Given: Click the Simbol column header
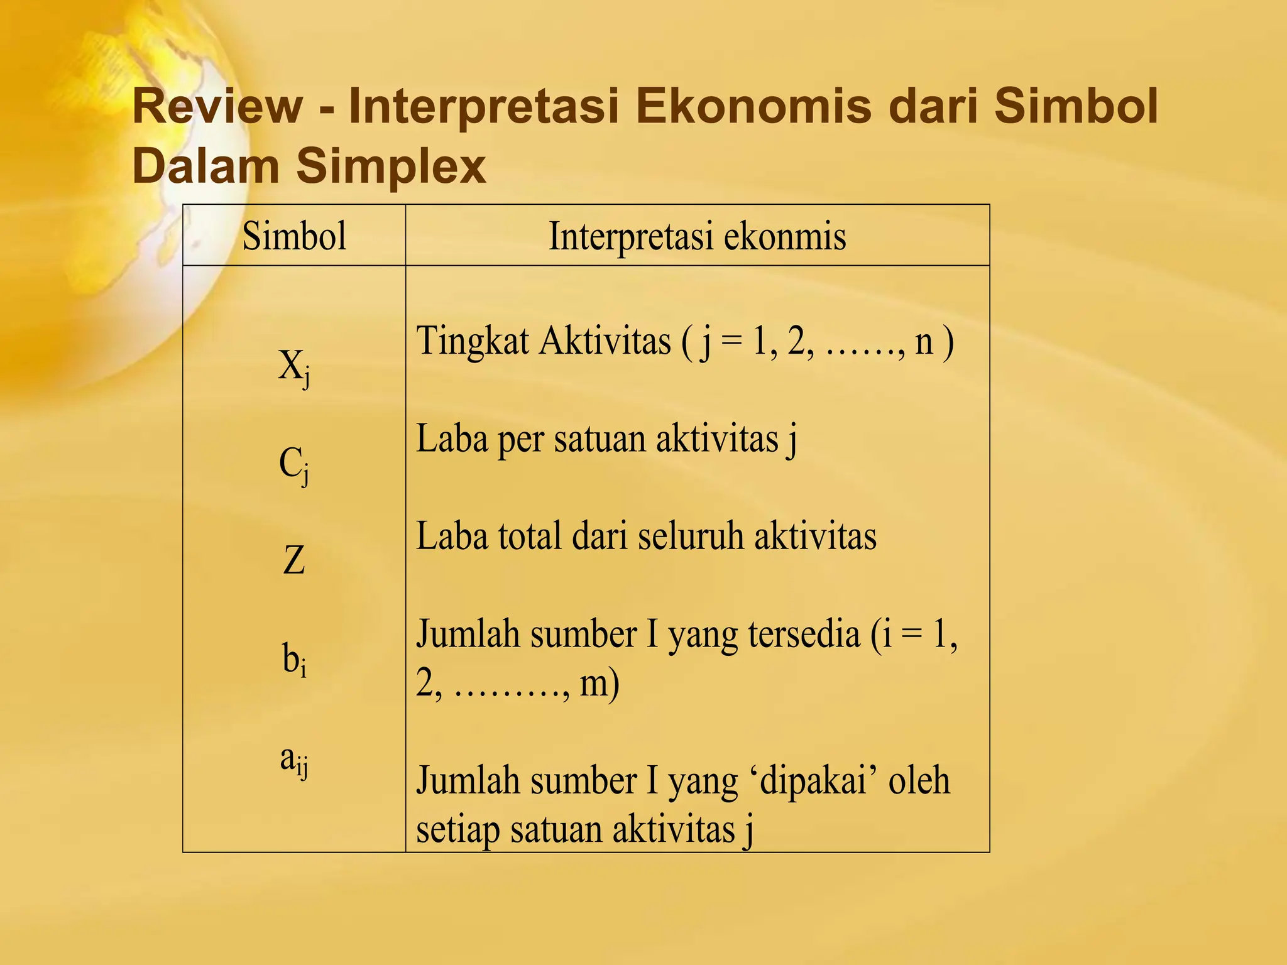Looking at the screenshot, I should (294, 236).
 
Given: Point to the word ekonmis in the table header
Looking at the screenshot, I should (785, 236).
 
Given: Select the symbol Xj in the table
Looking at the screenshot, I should (294, 367).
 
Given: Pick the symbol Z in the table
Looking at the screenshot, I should (294, 560).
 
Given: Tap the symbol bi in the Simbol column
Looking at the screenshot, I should (294, 660).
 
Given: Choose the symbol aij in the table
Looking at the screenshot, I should (294, 760).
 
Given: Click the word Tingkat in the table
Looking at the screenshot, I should (473, 342).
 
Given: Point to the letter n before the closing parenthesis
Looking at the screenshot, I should (924, 342).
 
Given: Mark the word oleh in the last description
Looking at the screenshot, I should (918, 781).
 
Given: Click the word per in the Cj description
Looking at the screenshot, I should (520, 440).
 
